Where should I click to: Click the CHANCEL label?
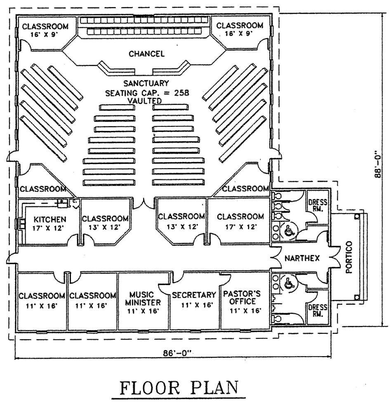(x=146, y=54)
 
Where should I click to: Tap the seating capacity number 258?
(x=181, y=93)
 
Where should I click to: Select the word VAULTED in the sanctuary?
(x=145, y=101)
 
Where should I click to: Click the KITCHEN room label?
(x=50, y=219)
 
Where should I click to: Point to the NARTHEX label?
(x=302, y=258)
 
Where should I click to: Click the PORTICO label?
(x=349, y=257)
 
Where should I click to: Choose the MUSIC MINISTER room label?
(x=143, y=299)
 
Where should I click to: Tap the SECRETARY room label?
(x=194, y=295)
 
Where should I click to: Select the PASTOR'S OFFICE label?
(x=242, y=297)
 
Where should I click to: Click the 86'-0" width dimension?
(x=177, y=353)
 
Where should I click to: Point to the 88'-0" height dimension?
(x=378, y=166)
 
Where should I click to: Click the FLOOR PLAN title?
(x=179, y=388)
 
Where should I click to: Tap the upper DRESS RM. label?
(x=318, y=205)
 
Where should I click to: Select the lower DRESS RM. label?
(x=318, y=310)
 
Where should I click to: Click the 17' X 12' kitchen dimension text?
(x=48, y=228)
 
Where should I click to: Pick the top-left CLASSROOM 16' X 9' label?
(x=45, y=30)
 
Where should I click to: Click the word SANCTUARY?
(x=146, y=83)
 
